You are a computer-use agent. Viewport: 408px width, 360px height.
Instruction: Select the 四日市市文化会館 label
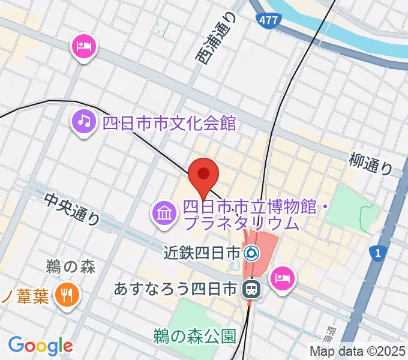169,123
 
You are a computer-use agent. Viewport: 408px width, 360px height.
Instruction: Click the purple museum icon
163,214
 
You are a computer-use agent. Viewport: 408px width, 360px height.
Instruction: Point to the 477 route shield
269,20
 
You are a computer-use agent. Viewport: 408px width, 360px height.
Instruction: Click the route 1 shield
377,254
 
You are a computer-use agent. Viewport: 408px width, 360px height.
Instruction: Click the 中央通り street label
72,209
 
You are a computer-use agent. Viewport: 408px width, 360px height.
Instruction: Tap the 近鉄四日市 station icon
252,253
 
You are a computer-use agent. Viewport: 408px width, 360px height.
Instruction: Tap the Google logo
40,346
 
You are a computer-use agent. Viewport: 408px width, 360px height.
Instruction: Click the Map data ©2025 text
358,352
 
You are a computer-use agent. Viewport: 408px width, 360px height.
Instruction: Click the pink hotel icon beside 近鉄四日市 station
281,278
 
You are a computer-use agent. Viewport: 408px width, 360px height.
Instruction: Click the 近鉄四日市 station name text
202,253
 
